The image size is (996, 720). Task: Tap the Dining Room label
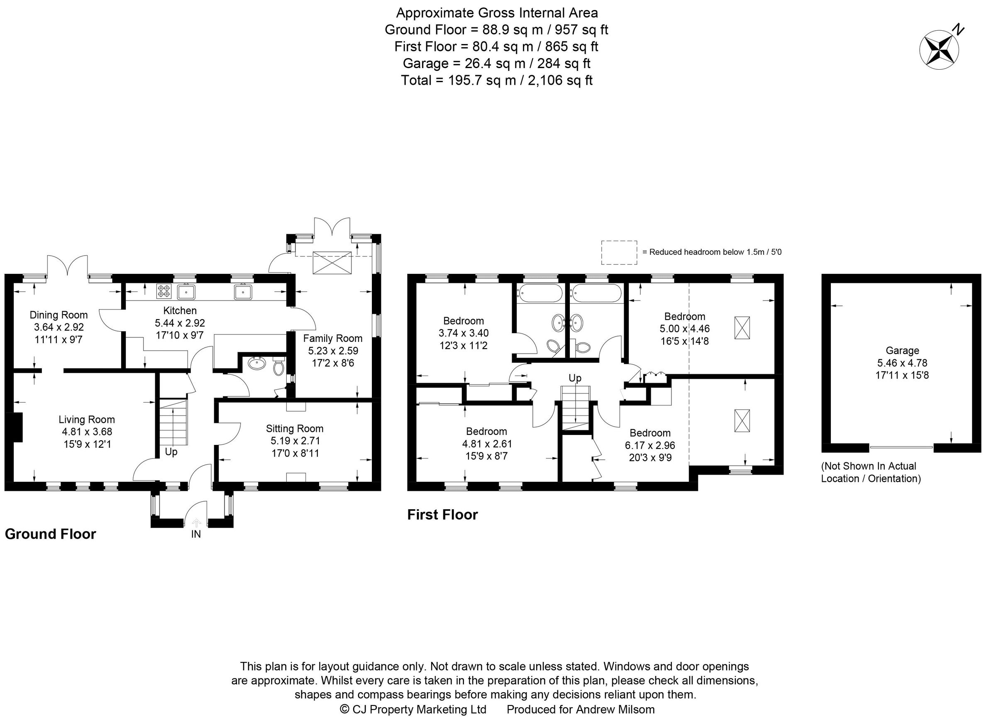pyautogui.click(x=59, y=315)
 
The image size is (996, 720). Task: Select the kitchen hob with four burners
pyautogui.click(x=164, y=291)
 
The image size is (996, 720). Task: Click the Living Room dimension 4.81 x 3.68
pyautogui.click(x=87, y=432)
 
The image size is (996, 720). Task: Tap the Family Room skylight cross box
pyautogui.click(x=332, y=263)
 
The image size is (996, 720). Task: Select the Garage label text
pyautogui.click(x=902, y=350)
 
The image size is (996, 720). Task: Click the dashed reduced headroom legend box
pyautogui.click(x=619, y=252)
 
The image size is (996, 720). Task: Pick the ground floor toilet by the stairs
pyautogui.click(x=278, y=366)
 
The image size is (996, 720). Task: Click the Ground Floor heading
pyautogui.click(x=51, y=534)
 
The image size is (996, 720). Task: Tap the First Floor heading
pyautogui.click(x=442, y=515)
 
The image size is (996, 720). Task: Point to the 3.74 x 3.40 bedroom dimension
pyautogui.click(x=463, y=333)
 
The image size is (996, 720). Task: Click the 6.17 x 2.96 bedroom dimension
pyautogui.click(x=650, y=445)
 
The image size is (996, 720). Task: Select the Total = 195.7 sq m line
pyautogui.click(x=496, y=81)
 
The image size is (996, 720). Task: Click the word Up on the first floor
pyautogui.click(x=575, y=378)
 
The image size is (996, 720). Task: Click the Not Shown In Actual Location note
pyautogui.click(x=871, y=472)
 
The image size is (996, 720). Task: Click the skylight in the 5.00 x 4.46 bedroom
pyautogui.click(x=742, y=327)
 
